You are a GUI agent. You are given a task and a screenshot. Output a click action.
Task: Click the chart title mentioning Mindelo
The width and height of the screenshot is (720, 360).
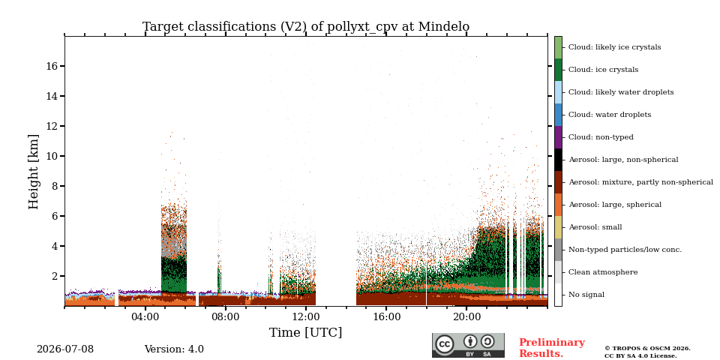click(x=306, y=27)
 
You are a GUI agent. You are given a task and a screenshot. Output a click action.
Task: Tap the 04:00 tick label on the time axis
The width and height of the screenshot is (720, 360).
click(x=145, y=316)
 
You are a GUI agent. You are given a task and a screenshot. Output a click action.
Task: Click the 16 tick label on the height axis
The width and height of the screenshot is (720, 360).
click(x=53, y=66)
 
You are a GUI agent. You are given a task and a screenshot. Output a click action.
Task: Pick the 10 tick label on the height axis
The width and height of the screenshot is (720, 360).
click(x=53, y=156)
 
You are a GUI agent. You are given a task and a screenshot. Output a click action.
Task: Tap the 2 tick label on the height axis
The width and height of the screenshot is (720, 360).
click(x=56, y=276)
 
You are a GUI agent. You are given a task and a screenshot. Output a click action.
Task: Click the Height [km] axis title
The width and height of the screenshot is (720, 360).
click(x=34, y=172)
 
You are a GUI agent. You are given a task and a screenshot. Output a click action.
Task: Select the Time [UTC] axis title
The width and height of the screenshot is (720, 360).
click(x=306, y=332)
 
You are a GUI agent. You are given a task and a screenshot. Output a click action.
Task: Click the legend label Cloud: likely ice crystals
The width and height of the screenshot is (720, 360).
click(x=615, y=46)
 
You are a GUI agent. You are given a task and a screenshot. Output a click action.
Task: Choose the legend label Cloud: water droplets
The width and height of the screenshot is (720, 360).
click(x=610, y=114)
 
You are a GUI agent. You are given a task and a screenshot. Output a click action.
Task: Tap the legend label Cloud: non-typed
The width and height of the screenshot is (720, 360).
click(x=601, y=136)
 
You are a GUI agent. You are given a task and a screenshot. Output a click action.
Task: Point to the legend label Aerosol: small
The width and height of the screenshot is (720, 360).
click(x=595, y=226)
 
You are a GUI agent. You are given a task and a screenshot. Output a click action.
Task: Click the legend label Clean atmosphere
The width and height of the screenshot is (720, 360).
click(x=603, y=271)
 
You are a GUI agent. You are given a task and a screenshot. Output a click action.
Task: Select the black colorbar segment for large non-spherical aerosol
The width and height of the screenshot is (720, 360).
click(x=558, y=160)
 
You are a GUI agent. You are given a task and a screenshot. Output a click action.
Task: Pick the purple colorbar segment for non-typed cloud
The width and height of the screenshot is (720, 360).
click(x=558, y=137)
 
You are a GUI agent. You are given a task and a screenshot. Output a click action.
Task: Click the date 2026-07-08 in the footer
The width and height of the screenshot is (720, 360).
click(x=65, y=349)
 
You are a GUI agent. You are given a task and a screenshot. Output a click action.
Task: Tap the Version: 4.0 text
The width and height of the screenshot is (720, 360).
click(x=174, y=349)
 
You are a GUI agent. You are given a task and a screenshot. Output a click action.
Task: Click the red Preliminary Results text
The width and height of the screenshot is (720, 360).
click(x=552, y=348)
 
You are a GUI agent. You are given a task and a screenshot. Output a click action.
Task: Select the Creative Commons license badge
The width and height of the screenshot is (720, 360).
click(x=468, y=345)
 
